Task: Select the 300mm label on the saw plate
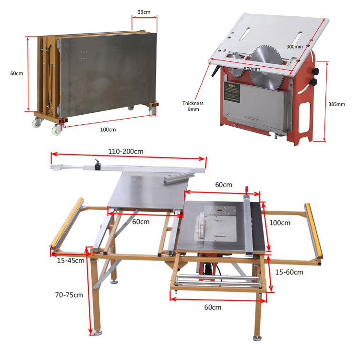(294, 47)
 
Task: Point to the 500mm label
(252, 69)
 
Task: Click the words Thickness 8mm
(192, 106)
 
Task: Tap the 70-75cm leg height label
(69, 294)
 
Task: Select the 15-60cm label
(289, 272)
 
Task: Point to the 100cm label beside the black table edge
(280, 223)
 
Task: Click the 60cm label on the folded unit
(16, 73)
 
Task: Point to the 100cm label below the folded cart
(108, 130)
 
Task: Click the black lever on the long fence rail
(98, 163)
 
